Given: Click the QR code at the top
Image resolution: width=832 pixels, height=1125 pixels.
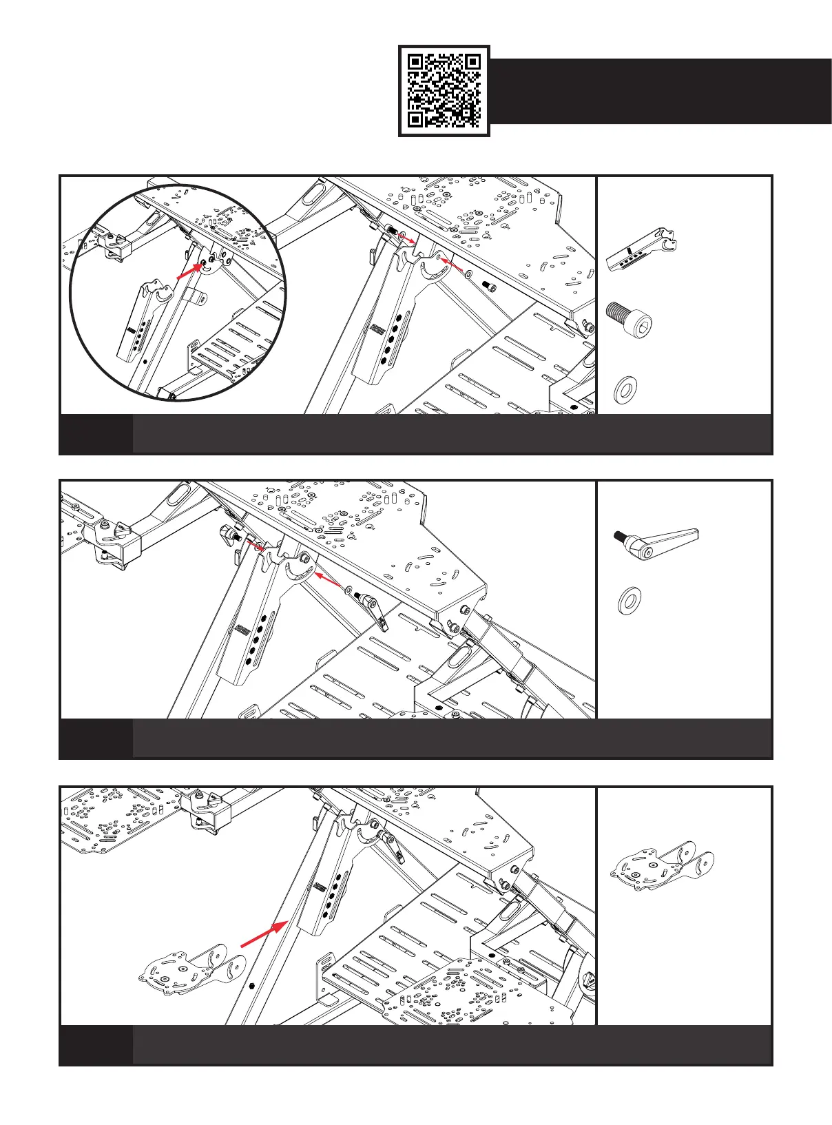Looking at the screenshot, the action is point(444,91).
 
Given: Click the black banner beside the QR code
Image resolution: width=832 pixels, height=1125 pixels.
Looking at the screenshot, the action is point(661,91).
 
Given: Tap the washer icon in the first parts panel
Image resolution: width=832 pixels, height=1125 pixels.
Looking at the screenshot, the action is point(625,389).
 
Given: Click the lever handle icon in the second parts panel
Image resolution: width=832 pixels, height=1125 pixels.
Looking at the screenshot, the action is point(656,539).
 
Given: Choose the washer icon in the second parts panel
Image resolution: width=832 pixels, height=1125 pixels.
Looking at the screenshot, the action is point(628,601).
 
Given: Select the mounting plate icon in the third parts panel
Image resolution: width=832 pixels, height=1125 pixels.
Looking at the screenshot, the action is point(662,865).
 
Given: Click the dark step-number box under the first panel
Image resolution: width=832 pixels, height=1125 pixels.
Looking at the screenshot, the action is point(96,434).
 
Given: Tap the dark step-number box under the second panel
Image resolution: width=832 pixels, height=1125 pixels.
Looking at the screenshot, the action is point(96,739).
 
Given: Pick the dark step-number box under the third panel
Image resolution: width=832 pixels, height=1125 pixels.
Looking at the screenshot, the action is point(96,1044).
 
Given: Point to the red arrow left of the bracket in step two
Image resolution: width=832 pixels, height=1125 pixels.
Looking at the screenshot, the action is point(256,546).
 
